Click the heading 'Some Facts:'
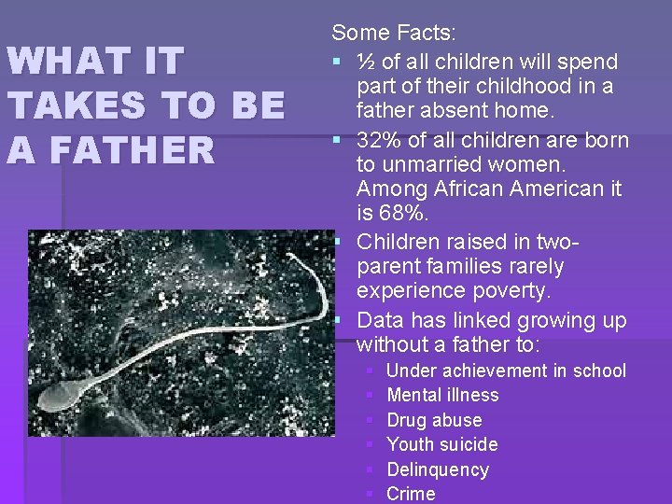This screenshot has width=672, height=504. (394, 34)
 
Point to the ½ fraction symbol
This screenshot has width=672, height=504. (367, 63)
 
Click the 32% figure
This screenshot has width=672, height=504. (379, 141)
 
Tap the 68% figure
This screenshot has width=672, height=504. (404, 215)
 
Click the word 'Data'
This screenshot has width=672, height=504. (380, 321)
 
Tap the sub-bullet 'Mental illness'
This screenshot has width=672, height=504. (442, 395)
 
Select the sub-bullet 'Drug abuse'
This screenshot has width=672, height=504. (434, 420)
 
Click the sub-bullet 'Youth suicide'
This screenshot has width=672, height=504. (441, 444)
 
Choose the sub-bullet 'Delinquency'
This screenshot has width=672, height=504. (437, 469)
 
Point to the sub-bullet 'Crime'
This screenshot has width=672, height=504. (411, 494)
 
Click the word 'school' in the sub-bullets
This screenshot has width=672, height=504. (599, 371)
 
